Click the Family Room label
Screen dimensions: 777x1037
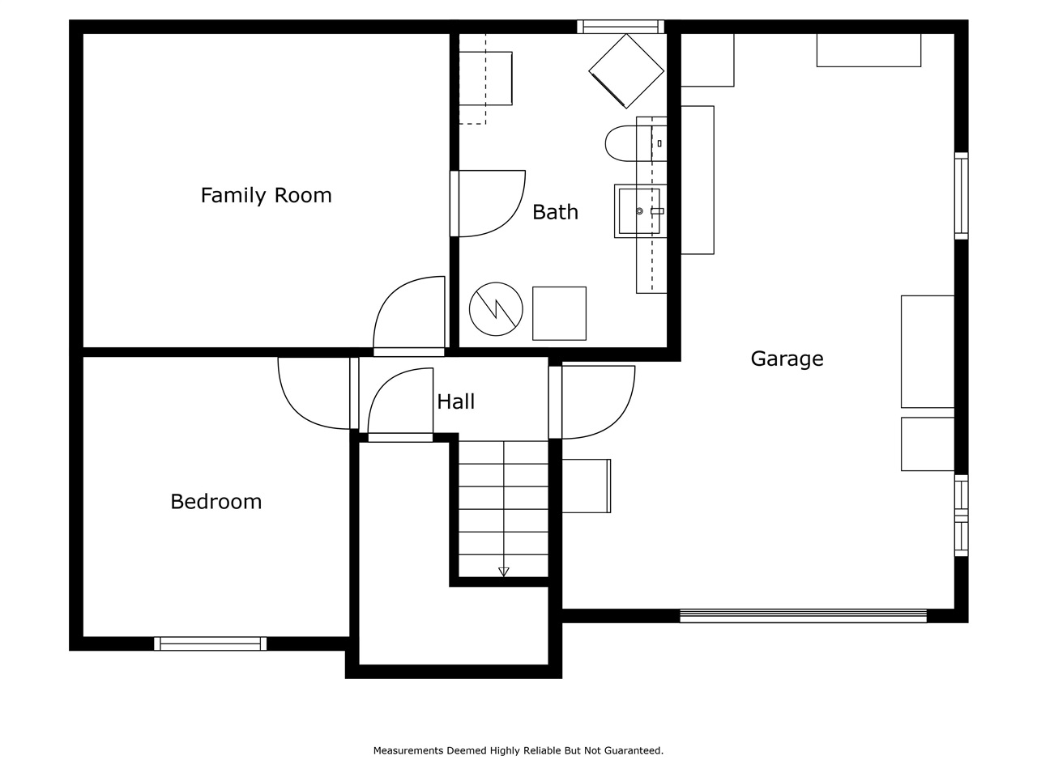point(266,196)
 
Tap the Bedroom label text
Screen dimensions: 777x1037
point(216,502)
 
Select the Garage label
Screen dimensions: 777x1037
point(787,359)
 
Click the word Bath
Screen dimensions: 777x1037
point(555,212)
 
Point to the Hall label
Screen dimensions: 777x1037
point(455,401)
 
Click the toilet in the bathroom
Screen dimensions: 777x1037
point(628,143)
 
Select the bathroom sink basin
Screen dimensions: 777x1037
point(639,211)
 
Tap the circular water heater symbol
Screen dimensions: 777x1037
point(496,309)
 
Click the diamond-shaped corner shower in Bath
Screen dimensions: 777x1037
point(625,70)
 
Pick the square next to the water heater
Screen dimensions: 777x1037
point(559,313)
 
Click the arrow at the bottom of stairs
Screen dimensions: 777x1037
point(503,571)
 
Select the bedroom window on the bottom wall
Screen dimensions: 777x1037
point(210,643)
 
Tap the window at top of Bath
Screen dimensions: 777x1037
point(621,27)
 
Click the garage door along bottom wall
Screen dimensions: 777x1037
point(803,616)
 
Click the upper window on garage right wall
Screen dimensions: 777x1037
point(961,196)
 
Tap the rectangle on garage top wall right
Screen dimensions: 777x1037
point(868,50)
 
